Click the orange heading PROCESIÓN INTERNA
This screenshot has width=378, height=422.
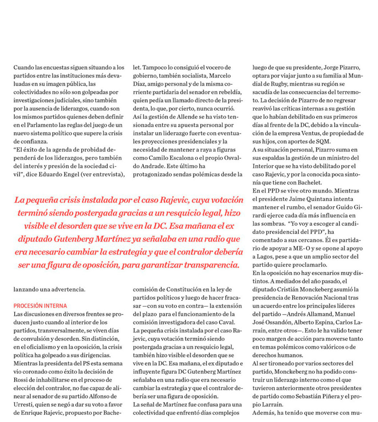(40, 306)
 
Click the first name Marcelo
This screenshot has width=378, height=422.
(220, 75)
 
